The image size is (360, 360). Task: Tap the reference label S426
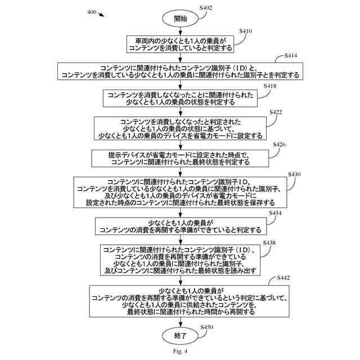(280, 145)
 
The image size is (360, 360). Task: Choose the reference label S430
(295, 174)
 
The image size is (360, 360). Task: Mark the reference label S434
(275, 213)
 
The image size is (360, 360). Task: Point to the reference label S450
(207, 327)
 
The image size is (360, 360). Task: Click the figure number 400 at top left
(92, 12)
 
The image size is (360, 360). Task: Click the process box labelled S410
(180, 44)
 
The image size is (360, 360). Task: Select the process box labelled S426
(180, 158)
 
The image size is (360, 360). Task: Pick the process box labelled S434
(180, 226)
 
